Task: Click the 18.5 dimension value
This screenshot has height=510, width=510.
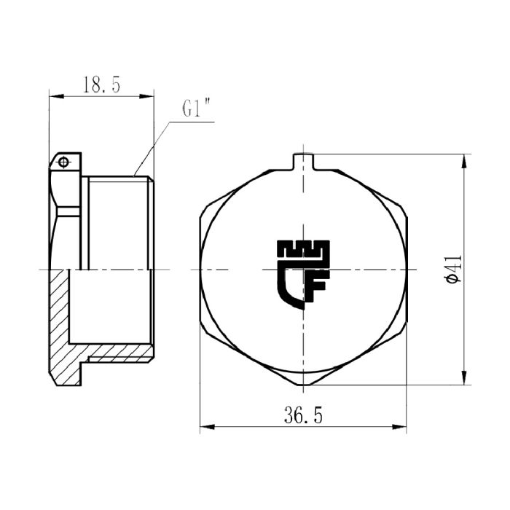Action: [101, 85]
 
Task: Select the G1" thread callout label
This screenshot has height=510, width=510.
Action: [196, 110]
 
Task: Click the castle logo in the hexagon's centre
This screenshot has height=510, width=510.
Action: [303, 273]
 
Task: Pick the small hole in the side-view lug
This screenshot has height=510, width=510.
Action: [64, 161]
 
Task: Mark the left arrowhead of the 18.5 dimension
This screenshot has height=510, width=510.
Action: [53, 95]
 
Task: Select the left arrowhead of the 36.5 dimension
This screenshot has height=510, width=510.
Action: [205, 428]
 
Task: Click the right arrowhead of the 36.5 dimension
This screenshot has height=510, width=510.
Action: [402, 428]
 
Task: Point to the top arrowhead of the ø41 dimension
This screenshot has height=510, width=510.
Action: [464, 158]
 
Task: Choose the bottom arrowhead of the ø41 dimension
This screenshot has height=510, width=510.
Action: [464, 380]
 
